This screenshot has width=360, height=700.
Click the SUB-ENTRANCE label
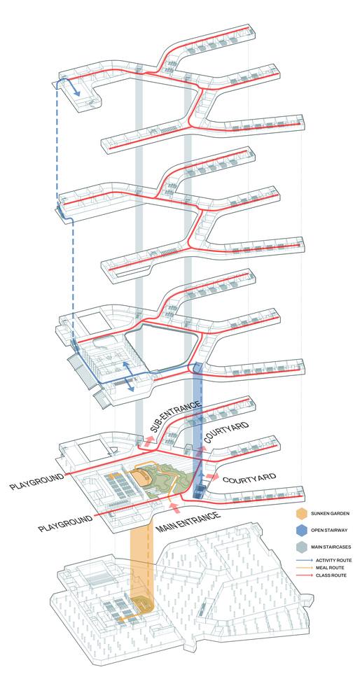click(175, 416)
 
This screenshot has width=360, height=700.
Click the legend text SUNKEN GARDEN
click(331, 513)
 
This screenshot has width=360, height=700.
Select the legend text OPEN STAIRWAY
click(331, 531)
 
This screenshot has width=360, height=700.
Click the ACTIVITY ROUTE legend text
click(333, 560)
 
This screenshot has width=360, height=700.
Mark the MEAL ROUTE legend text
click(330, 568)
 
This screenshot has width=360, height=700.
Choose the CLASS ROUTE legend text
click(331, 575)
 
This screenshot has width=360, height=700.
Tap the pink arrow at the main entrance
click(174, 507)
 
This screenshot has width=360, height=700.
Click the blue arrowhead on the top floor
click(77, 93)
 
